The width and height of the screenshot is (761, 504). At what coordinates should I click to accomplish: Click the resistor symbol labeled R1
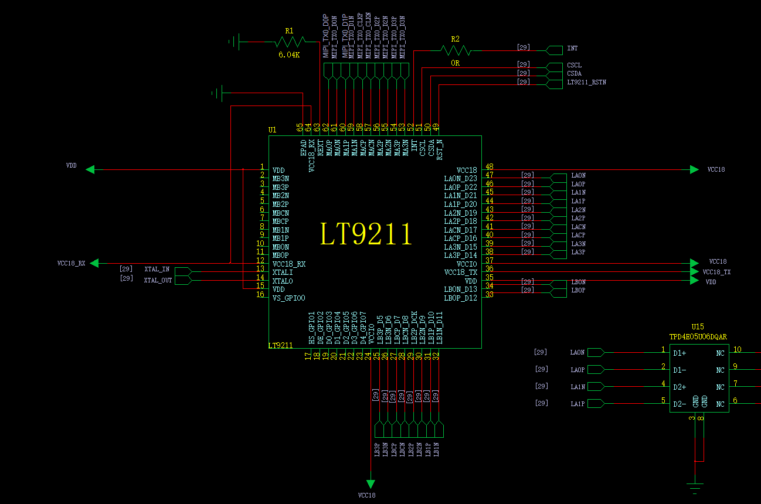(x=290, y=42)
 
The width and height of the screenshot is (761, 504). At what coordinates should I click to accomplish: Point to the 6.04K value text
(x=289, y=55)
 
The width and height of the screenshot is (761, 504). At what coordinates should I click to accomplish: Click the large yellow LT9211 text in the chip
(x=366, y=234)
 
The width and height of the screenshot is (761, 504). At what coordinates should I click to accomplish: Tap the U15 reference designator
(x=697, y=326)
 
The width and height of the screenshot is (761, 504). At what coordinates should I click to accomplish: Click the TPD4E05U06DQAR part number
(x=698, y=336)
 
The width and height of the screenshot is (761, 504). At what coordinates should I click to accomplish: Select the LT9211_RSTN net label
(x=586, y=83)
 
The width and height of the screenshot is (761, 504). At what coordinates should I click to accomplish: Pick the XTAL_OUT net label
(x=158, y=280)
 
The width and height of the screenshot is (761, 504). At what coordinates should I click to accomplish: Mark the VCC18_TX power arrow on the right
(x=694, y=272)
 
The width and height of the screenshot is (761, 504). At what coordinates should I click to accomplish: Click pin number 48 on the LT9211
(x=489, y=166)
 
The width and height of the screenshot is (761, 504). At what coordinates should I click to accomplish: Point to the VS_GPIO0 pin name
(x=288, y=298)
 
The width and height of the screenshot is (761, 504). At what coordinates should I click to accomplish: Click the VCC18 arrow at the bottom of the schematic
(x=371, y=484)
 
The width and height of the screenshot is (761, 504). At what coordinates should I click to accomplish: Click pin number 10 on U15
(x=737, y=350)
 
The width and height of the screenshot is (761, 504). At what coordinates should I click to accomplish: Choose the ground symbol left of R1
(x=235, y=42)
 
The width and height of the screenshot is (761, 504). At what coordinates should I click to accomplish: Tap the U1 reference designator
(x=272, y=130)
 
